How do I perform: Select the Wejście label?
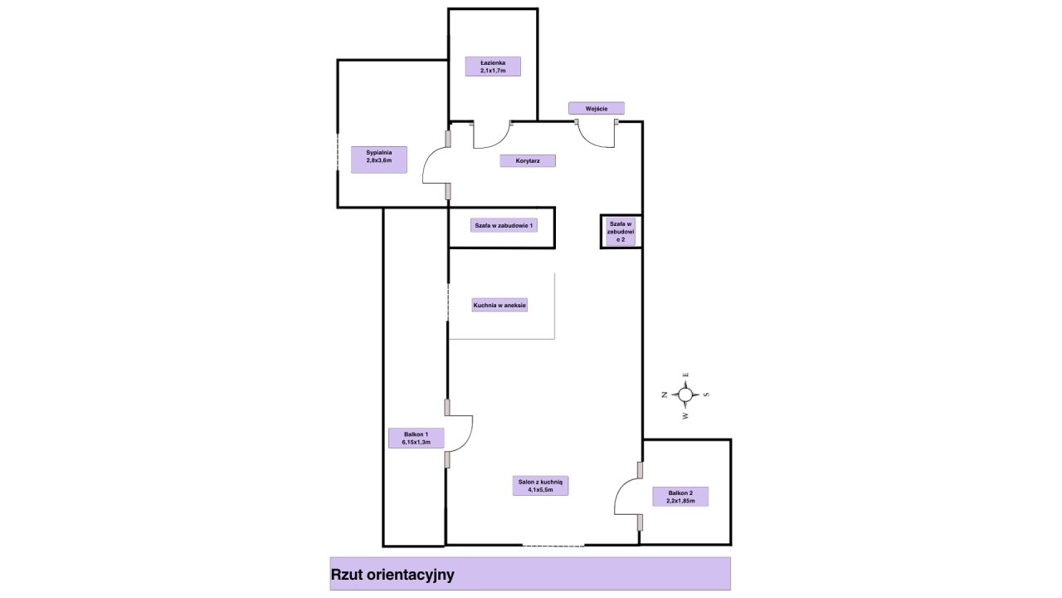click(596, 108)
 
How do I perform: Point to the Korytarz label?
click(528, 161)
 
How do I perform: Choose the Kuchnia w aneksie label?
click(500, 305)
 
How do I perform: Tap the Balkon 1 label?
click(416, 438)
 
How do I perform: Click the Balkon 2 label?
click(680, 497)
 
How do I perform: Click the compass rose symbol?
click(685, 395)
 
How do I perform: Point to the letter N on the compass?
click(665, 395)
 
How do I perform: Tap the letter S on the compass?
click(706, 395)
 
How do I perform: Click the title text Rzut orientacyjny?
click(392, 574)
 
